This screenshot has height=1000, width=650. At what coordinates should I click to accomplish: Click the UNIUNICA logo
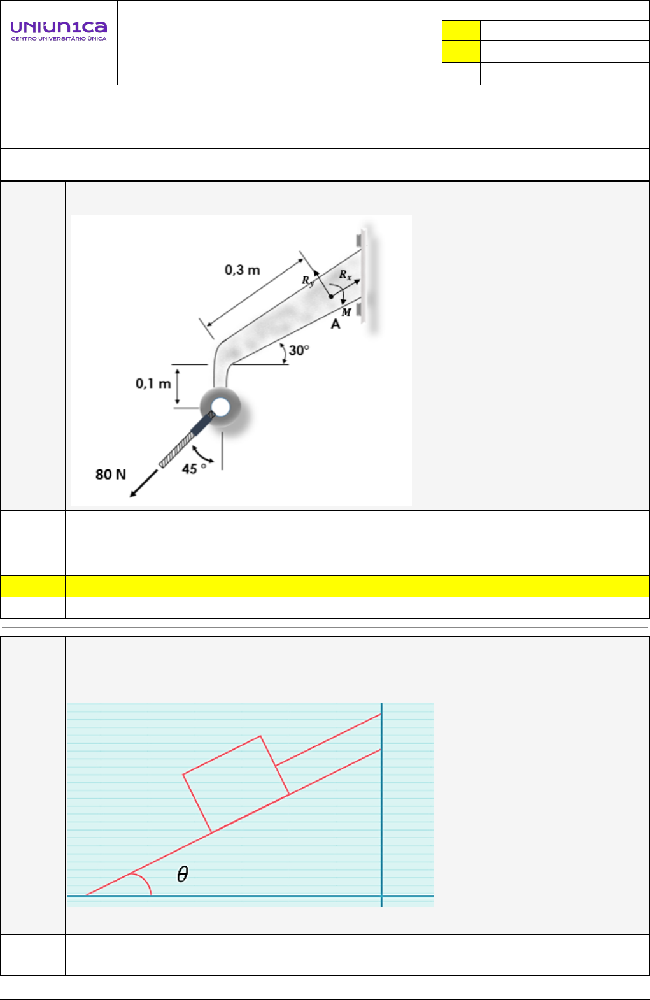pyautogui.click(x=59, y=31)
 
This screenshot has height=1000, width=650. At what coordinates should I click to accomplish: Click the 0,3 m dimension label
pyautogui.click(x=243, y=270)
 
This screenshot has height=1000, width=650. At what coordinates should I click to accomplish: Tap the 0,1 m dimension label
pyautogui.click(x=153, y=383)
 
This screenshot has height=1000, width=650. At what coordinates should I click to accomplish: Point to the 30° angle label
pyautogui.click(x=299, y=350)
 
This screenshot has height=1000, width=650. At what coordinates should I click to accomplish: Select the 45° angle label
pyautogui.click(x=194, y=468)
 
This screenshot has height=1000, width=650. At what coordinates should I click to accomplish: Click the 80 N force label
pyautogui.click(x=111, y=474)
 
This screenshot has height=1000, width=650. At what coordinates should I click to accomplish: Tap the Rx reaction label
pyautogui.click(x=345, y=275)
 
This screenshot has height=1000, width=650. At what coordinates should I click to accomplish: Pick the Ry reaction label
pyautogui.click(x=308, y=281)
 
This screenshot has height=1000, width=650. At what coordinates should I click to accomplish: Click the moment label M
pyautogui.click(x=346, y=313)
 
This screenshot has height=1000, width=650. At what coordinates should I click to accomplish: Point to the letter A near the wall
pyautogui.click(x=336, y=325)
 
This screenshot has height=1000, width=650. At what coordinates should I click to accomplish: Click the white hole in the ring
pyautogui.click(x=220, y=407)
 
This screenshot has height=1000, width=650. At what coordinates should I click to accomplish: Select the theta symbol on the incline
pyautogui.click(x=183, y=874)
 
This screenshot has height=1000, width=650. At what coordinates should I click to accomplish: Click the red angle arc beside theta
pyautogui.click(x=145, y=882)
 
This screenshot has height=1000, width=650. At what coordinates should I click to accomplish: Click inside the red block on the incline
pyautogui.click(x=236, y=784)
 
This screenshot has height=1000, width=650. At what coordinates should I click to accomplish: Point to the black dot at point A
pyautogui.click(x=331, y=296)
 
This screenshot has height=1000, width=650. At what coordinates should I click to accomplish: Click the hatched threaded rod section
pyautogui.click(x=176, y=450)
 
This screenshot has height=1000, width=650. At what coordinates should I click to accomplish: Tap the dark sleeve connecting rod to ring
pyautogui.click(x=202, y=423)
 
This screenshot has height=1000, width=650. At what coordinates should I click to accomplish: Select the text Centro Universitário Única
pyautogui.click(x=59, y=39)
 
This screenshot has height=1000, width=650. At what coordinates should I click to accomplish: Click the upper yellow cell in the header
pyautogui.click(x=462, y=31)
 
